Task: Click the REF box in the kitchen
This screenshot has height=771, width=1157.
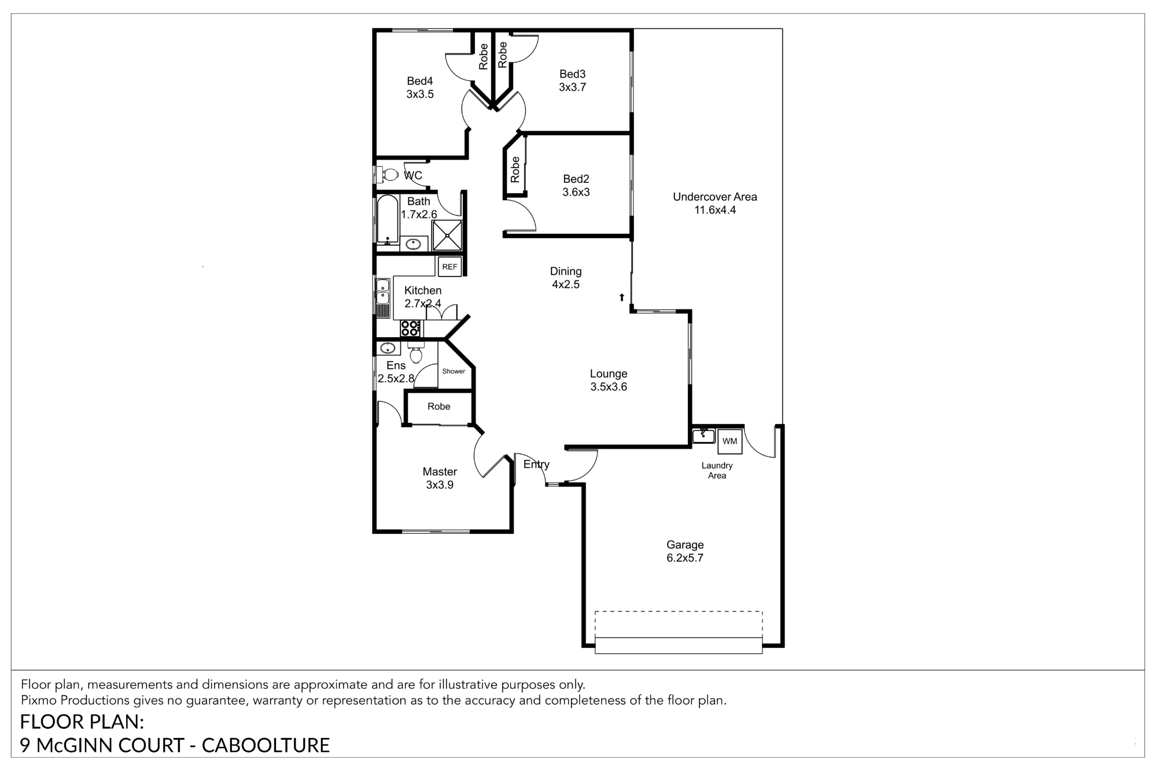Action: click(449, 267)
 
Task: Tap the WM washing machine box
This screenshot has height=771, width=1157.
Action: click(730, 441)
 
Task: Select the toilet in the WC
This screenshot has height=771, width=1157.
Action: click(387, 174)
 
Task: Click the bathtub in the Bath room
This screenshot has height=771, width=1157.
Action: click(388, 219)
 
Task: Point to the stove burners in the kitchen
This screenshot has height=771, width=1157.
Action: click(411, 328)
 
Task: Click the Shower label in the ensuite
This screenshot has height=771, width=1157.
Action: click(454, 371)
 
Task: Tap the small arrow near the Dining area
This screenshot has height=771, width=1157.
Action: click(622, 297)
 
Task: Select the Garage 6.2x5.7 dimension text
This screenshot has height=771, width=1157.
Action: click(685, 558)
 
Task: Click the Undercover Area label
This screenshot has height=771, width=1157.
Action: click(715, 197)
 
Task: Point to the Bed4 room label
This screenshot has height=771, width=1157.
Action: click(420, 81)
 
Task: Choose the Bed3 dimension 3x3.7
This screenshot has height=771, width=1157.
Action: click(573, 87)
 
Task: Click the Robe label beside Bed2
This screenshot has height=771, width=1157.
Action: click(515, 169)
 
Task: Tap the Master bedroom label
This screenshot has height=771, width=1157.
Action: click(440, 471)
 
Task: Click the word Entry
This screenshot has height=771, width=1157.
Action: click(536, 464)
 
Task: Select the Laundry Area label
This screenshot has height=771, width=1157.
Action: click(717, 470)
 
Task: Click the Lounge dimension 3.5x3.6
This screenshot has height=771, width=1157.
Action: click(609, 387)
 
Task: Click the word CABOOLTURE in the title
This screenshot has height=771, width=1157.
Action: click(266, 745)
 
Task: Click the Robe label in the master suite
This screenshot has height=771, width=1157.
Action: click(439, 407)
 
